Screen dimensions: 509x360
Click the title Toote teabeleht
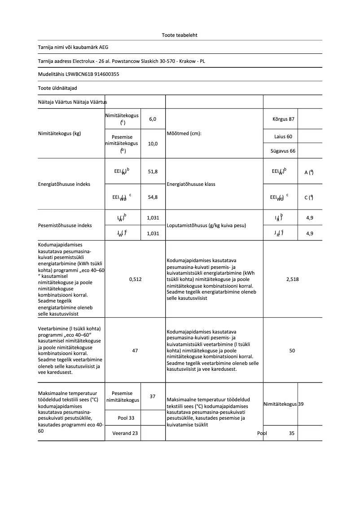point(180,35)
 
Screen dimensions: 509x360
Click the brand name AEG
point(104,47)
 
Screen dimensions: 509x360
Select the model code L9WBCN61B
point(80,74)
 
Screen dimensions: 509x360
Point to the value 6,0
point(153,119)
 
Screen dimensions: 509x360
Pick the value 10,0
point(153,144)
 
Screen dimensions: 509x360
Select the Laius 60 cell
point(283,136)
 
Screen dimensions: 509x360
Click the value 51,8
point(153,172)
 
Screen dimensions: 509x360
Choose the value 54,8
point(153,197)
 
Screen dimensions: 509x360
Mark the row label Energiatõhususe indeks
point(64,184)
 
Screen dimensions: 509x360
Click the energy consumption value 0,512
point(135,279)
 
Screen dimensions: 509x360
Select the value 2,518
point(292,279)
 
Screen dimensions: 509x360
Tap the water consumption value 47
point(135,351)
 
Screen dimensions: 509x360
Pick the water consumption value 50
point(292,351)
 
